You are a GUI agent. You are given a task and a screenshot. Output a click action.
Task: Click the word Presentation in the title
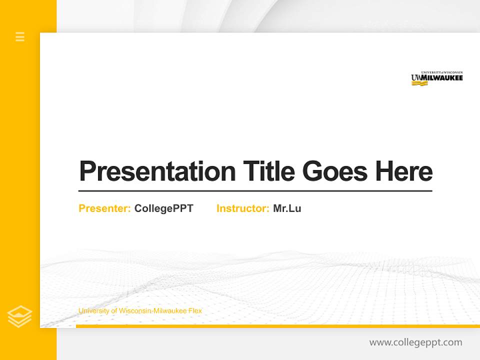coord(157,171)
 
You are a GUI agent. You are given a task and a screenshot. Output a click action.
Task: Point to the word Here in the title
coord(403,171)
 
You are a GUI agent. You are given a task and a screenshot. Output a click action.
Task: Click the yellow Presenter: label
coord(105,208)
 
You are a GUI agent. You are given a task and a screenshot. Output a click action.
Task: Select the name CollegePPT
coord(163,208)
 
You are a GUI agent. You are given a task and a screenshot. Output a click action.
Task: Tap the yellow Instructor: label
coord(242,208)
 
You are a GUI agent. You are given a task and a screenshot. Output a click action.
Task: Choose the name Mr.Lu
coord(287,208)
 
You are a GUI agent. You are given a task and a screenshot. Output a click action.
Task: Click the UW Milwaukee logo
coord(436,78)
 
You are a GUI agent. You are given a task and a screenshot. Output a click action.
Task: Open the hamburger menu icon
coord(20,36)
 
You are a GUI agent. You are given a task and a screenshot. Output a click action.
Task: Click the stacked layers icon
coord(19,316)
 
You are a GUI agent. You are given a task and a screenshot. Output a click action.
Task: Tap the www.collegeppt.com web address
coord(415,342)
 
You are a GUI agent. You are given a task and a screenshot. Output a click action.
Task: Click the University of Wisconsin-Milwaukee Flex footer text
coord(140,311)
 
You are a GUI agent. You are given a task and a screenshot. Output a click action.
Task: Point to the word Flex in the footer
coord(195,311)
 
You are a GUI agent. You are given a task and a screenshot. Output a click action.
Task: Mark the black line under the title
coord(255,190)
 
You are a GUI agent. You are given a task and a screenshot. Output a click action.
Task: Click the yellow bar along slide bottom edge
coord(277,326)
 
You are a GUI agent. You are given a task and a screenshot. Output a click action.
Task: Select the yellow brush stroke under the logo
coord(419,83)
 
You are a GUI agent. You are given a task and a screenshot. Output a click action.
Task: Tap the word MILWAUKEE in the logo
coord(441,78)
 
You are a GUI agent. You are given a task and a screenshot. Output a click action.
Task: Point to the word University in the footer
coord(93,311)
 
